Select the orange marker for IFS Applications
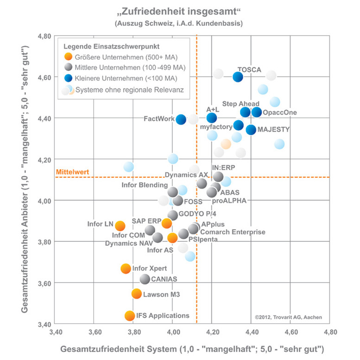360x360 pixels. [x=130, y=316]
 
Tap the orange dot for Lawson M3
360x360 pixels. [x=137, y=294]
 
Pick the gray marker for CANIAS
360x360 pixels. [x=145, y=279]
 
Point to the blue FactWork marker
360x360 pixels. [x=181, y=120]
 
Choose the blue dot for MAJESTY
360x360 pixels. [x=251, y=130]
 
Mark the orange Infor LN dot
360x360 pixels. [x=120, y=226]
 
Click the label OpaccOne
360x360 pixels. [x=279, y=113]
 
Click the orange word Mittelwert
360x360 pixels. [x=72, y=173]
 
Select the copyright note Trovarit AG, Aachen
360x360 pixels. [x=288, y=317]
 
